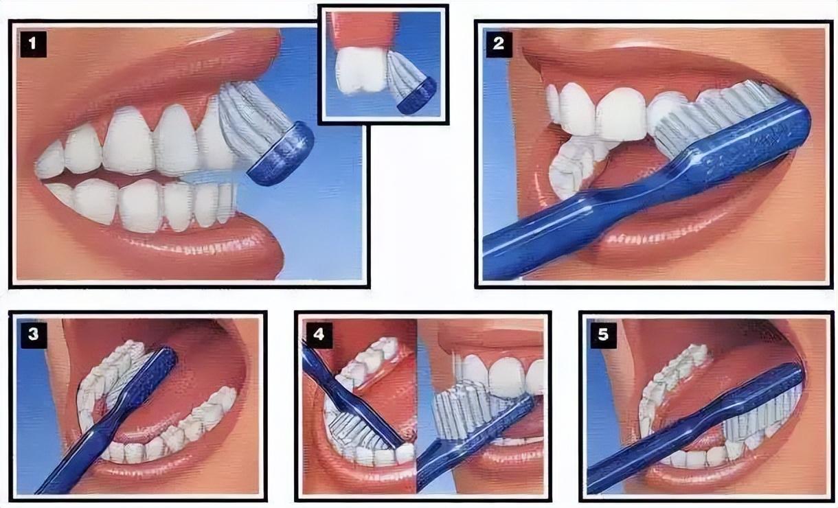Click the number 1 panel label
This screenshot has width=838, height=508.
point(33,44)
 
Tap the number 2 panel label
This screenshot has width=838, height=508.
point(499,44)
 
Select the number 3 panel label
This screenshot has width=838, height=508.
point(34,334)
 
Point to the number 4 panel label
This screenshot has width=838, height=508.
point(319,334)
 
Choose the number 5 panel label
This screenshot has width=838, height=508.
point(603,334)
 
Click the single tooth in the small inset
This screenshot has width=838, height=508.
point(360,71)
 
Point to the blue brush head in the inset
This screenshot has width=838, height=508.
point(417,96)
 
